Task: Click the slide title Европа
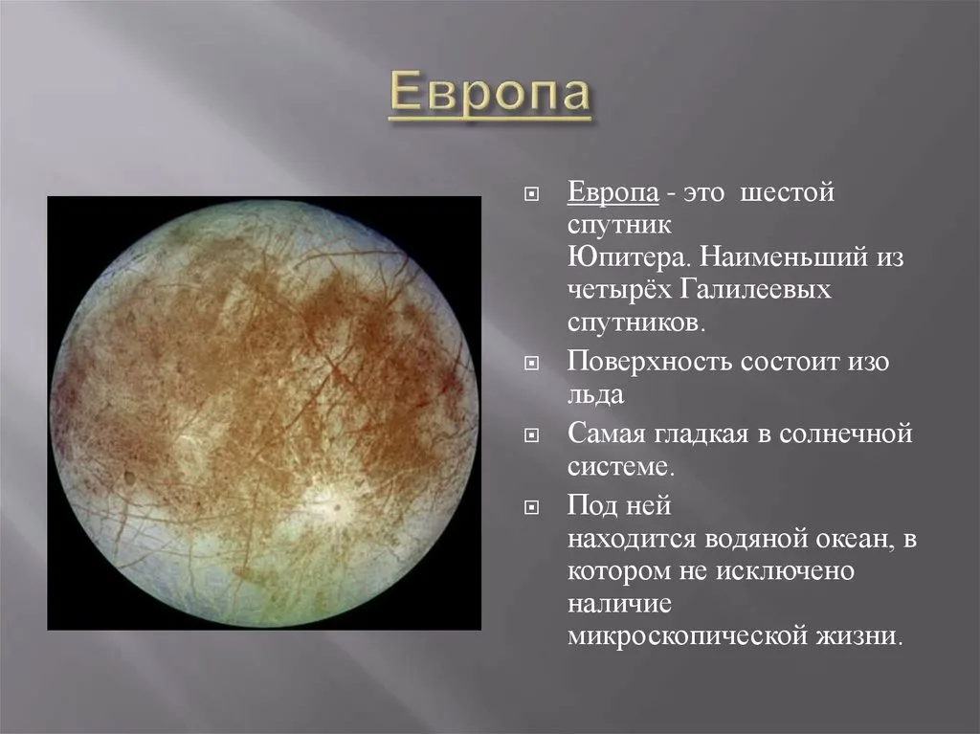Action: click(490, 93)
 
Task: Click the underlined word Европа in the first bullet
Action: click(613, 192)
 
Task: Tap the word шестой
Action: click(787, 192)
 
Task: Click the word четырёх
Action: click(619, 290)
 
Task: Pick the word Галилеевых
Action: click(756, 290)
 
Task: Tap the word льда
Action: click(595, 395)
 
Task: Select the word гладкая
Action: click(702, 434)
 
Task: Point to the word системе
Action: click(621, 467)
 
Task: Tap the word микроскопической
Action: click(688, 636)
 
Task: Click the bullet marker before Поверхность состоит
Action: click(531, 364)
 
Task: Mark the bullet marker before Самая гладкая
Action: click(531, 434)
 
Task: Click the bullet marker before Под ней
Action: click(531, 506)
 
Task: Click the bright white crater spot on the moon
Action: click(331, 503)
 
